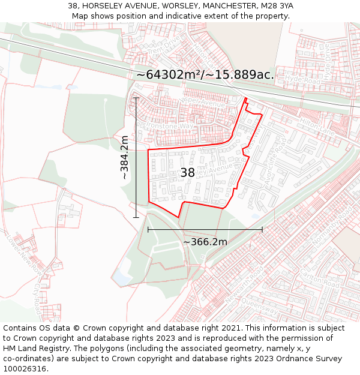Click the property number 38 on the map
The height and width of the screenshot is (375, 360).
tap(188, 173)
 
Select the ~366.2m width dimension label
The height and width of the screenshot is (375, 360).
tap(205, 242)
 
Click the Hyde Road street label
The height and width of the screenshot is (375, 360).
tap(300, 79)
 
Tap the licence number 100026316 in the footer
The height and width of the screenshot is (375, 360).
tap(25, 369)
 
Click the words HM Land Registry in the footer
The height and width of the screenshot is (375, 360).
tap(33, 349)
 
